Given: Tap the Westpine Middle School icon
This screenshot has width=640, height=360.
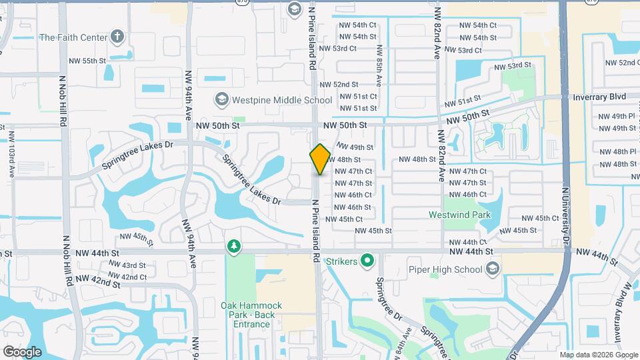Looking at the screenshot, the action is click(x=221, y=100).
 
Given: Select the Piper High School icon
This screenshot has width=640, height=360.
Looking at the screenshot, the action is click(x=493, y=269).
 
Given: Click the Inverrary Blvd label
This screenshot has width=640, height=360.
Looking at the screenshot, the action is click(x=599, y=97).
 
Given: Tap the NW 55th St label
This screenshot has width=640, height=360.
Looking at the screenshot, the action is click(x=88, y=61).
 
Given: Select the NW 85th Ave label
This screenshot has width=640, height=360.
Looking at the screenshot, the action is click(x=379, y=66).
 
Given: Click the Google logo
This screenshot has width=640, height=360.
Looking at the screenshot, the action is click(x=22, y=351).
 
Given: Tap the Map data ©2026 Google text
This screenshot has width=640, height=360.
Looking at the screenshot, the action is click(x=597, y=355).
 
